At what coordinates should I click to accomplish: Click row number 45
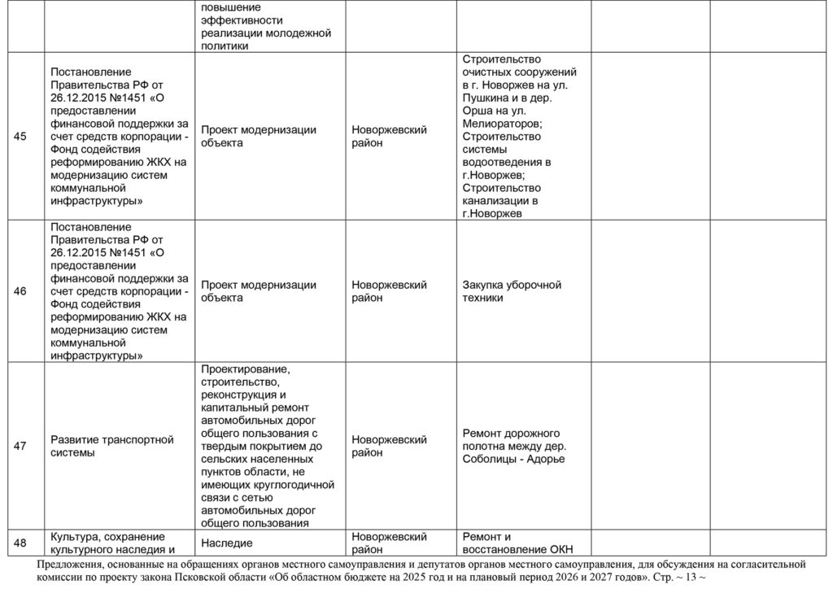pos(20,137)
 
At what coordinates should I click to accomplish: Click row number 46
pos(20,291)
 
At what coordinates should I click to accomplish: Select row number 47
pos(20,446)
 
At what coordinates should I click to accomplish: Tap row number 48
pos(20,543)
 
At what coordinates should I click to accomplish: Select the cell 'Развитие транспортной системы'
pos(112,446)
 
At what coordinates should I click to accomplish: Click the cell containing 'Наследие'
pos(227,543)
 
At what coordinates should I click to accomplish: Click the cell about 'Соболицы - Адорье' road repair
pos(513,446)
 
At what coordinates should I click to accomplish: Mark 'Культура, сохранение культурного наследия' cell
pos(107,543)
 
